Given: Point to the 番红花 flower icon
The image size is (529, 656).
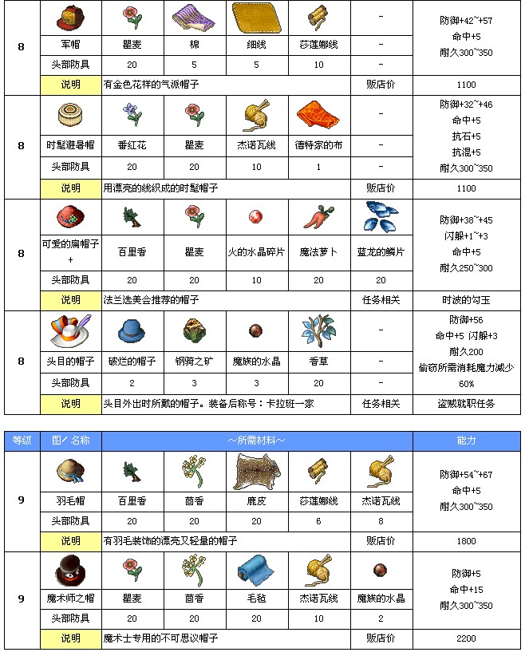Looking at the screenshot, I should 132,117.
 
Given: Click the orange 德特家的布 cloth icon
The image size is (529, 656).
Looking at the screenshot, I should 318,118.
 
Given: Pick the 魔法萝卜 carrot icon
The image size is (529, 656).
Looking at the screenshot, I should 318,219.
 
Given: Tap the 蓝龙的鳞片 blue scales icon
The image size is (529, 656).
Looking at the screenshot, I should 381,219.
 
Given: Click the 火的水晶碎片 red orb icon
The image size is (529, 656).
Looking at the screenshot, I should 256,219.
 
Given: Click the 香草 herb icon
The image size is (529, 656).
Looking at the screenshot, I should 318,329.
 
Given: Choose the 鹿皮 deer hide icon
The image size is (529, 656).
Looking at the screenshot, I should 256,472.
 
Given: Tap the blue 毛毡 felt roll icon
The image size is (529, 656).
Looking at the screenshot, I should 256,573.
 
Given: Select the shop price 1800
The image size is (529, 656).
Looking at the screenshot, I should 466,540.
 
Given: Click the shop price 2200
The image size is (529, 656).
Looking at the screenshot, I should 466,638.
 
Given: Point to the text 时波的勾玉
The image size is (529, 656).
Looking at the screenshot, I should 466,299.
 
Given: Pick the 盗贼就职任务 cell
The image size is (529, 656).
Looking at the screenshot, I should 466,404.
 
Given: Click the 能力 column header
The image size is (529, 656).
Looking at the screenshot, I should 466,441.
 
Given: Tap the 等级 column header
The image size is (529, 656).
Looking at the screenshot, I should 22,441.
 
